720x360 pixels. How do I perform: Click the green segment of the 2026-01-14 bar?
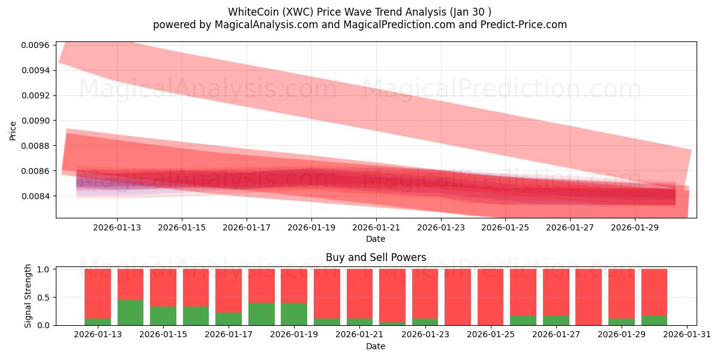[x=130, y=312]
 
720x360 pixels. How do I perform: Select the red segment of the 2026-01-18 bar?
[x=261, y=286]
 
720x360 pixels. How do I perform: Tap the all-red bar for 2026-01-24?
[x=458, y=297]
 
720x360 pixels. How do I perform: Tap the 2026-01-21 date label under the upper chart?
[x=376, y=227]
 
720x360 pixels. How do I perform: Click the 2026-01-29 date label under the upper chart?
[x=635, y=227]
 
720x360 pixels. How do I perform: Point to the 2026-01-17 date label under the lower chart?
[x=229, y=335]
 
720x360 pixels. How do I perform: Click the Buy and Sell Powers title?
[x=376, y=257]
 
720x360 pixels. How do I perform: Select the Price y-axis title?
[x=13, y=130]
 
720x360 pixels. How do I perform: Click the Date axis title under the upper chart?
[x=376, y=239]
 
